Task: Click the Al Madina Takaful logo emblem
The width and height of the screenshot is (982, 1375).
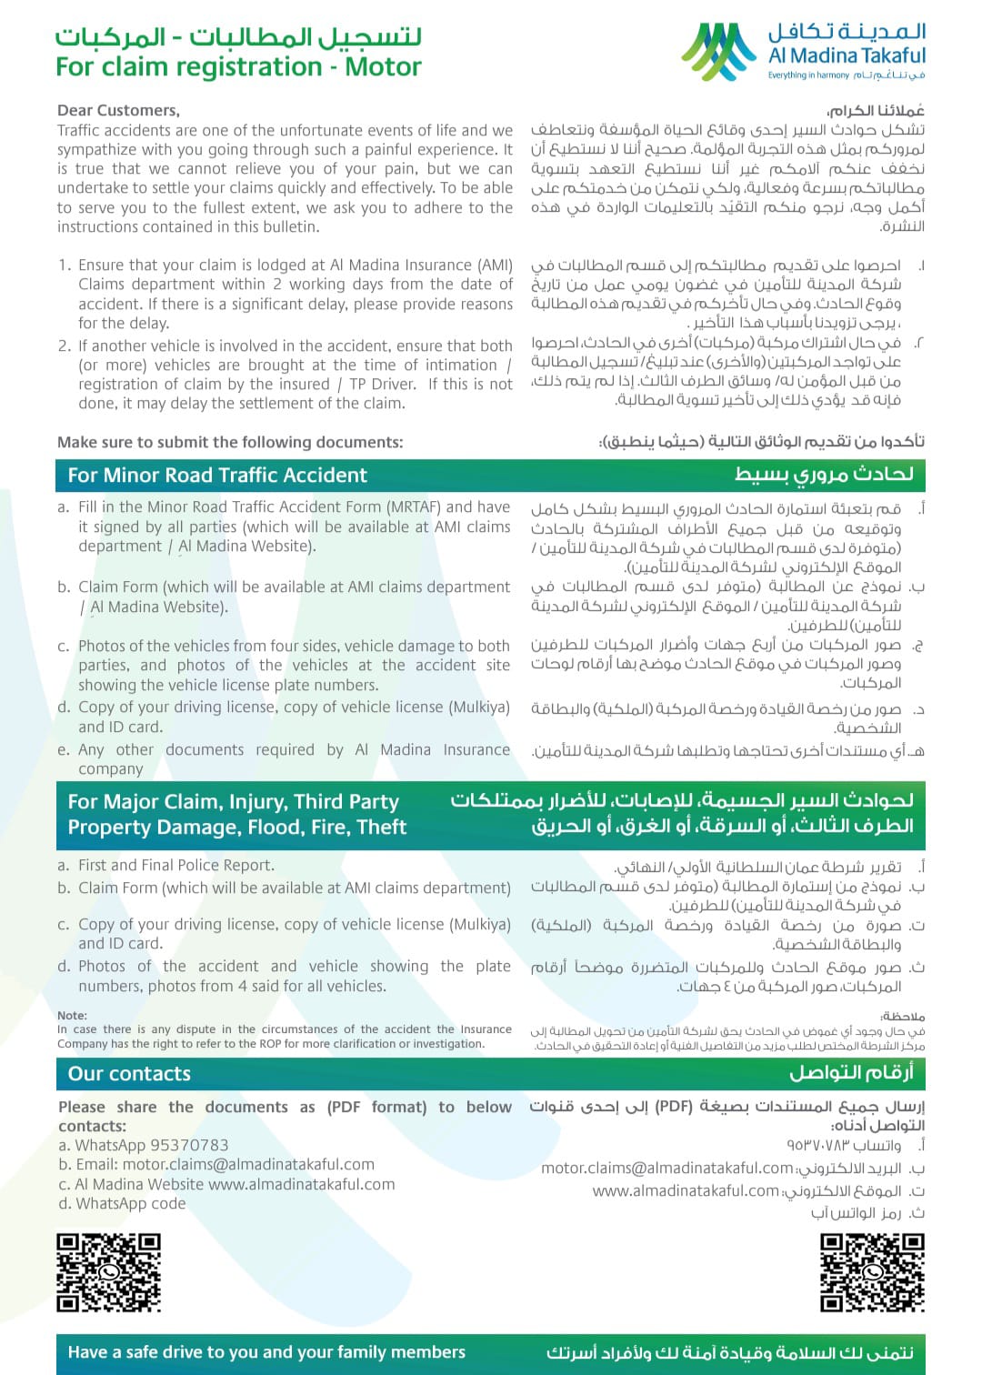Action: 719,51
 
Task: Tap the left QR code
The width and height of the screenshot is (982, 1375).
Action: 108,1271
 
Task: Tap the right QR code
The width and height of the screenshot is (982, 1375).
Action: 872,1271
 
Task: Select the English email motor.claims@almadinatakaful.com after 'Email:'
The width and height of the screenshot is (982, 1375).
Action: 248,1164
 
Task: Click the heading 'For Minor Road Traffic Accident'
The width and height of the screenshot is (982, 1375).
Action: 217,475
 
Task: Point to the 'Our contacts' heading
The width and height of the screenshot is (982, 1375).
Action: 129,1074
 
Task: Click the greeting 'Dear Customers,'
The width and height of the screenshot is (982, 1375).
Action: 118,110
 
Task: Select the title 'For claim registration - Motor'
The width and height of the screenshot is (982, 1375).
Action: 238,66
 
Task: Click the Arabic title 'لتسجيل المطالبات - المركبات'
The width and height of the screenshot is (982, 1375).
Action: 238,36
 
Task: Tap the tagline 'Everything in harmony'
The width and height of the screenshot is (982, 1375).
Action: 808,75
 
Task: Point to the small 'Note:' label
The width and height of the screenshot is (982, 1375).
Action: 72,1015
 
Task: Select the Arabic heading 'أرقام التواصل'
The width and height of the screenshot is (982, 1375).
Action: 850,1073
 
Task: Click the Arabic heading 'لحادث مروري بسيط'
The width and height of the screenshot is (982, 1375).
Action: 824,474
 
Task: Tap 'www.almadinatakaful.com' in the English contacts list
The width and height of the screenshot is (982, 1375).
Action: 301,1184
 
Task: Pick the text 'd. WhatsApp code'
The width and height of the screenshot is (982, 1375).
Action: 122,1203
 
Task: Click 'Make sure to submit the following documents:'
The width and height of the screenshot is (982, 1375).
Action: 230,442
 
